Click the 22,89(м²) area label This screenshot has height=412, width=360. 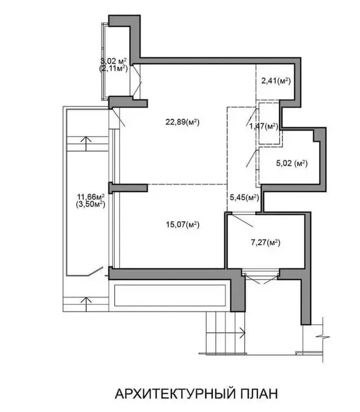[x=182, y=122]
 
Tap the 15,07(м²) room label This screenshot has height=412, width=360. [x=183, y=225]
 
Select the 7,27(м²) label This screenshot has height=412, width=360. [x=266, y=242]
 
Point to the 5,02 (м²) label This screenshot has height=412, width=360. [x=292, y=163]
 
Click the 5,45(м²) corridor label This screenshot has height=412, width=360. [x=244, y=197]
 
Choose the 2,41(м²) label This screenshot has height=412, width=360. [x=276, y=81]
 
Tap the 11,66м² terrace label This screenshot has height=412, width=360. [x=91, y=197]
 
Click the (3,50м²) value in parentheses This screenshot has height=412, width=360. [x=91, y=204]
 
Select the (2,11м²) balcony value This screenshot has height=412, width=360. [x=114, y=69]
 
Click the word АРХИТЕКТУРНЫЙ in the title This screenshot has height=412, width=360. [x=175, y=394]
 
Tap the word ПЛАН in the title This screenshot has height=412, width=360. [x=259, y=394]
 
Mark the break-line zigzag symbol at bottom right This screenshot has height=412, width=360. [x=323, y=337]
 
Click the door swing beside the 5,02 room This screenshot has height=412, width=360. [x=251, y=158]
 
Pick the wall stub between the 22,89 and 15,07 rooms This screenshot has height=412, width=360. [x=128, y=187]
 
